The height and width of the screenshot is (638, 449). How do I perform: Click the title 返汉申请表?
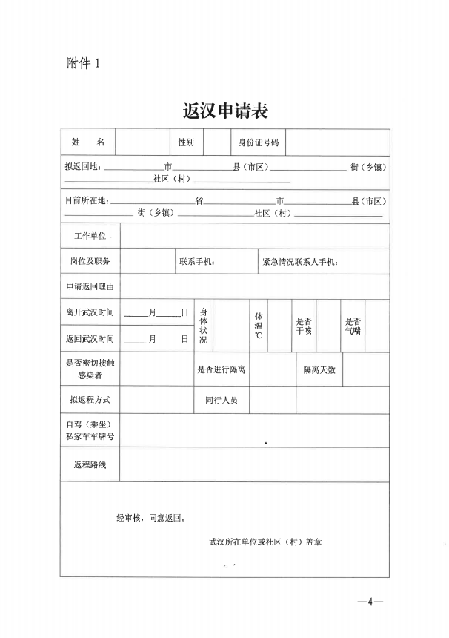coord(225,111)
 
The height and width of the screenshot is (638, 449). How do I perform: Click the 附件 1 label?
coord(83,64)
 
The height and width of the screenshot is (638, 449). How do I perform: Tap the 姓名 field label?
coord(88,142)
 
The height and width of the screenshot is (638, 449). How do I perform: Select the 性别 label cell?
coord(185,142)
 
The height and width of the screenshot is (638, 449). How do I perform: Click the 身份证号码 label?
coord(258,142)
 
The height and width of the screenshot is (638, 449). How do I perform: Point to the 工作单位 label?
coord(90,236)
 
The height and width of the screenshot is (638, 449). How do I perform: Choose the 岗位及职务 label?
coord(90,261)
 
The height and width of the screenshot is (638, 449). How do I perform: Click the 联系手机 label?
coord(197,261)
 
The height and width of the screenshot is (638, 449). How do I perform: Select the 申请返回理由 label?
coord(90,286)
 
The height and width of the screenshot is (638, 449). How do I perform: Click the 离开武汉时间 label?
coord(90,312)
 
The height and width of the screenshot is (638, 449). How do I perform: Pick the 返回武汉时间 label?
coord(90,339)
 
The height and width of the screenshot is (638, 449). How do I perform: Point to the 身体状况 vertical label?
coord(204,326)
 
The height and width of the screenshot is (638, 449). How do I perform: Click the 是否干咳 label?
coord(304,326)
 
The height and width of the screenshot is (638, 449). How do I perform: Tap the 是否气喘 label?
coord(353,326)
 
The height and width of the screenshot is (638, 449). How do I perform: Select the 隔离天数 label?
coord(319,369)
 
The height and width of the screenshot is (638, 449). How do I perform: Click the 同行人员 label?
coord(222,400)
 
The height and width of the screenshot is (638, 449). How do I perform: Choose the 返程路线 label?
coord(90,464)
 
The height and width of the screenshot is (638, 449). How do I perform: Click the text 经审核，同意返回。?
coord(151,519)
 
